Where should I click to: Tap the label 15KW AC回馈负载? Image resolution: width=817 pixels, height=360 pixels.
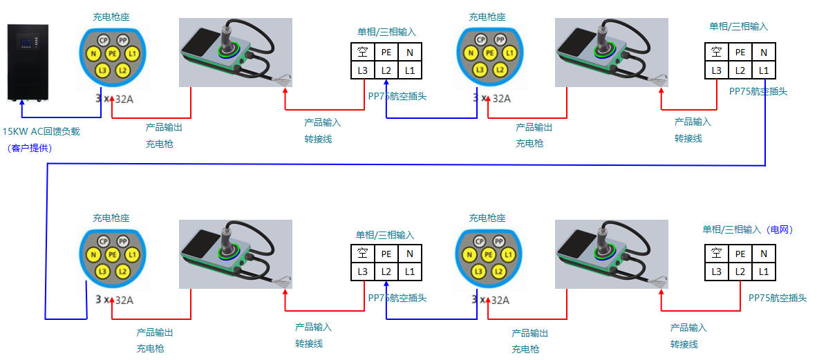point(41,131)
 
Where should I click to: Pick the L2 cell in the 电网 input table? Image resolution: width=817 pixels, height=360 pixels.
point(740,272)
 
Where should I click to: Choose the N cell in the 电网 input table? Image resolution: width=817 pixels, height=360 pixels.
point(764,254)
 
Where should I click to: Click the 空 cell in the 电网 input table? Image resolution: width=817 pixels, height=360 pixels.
point(716,254)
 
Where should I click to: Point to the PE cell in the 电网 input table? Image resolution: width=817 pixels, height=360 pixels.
point(740,254)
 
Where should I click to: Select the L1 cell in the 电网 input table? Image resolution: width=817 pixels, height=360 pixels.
point(764,272)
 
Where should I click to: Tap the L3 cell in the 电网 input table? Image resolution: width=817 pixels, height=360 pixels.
point(716,272)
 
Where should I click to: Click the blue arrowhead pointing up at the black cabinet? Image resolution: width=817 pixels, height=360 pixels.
point(22,104)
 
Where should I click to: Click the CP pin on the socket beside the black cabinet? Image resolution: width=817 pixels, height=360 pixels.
point(103,41)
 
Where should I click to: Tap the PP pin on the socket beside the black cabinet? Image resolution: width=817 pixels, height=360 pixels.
point(122,41)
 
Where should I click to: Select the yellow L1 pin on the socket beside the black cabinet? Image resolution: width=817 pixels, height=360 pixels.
point(132,53)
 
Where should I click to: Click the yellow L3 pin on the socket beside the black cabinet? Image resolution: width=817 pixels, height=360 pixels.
point(102,70)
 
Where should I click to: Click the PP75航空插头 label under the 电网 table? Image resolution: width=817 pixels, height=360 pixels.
point(778,298)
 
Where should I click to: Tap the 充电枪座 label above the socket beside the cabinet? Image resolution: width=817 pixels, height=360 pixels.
point(111,17)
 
